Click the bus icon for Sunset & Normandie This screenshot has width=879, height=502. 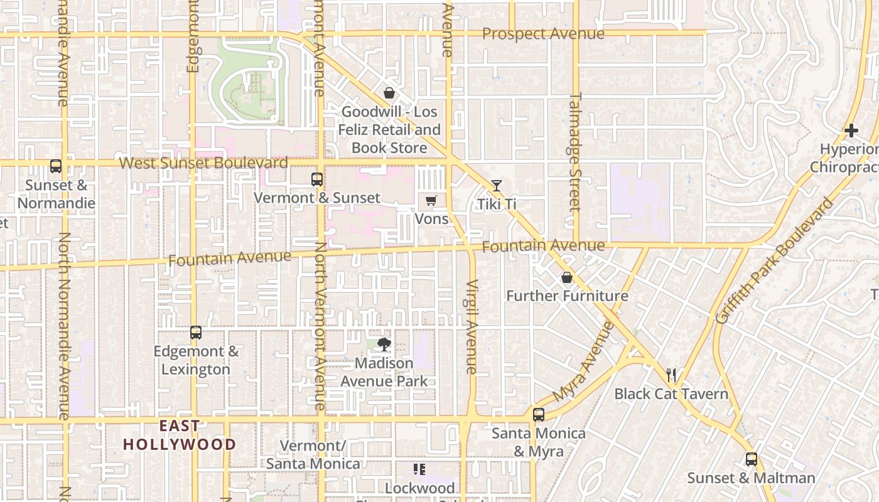56,166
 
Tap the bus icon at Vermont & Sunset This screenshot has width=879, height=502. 317,179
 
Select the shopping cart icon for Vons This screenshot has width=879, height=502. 431,201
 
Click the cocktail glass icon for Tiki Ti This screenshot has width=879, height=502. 497,186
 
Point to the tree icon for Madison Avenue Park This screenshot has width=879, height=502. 384,344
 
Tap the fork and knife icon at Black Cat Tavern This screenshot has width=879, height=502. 671,375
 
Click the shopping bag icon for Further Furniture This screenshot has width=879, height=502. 567,277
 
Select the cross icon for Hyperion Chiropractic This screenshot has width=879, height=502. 851,131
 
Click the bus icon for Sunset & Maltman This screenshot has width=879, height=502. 752,459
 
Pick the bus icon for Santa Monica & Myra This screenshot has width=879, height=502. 539,415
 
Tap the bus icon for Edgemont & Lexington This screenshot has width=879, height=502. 196,333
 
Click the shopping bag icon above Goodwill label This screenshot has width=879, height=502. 389,93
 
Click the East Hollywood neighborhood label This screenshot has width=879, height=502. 180,435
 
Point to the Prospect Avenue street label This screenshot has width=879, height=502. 543,34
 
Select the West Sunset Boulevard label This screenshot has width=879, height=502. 203,163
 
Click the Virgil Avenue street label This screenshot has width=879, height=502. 472,326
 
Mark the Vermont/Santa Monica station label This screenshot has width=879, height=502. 313,455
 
